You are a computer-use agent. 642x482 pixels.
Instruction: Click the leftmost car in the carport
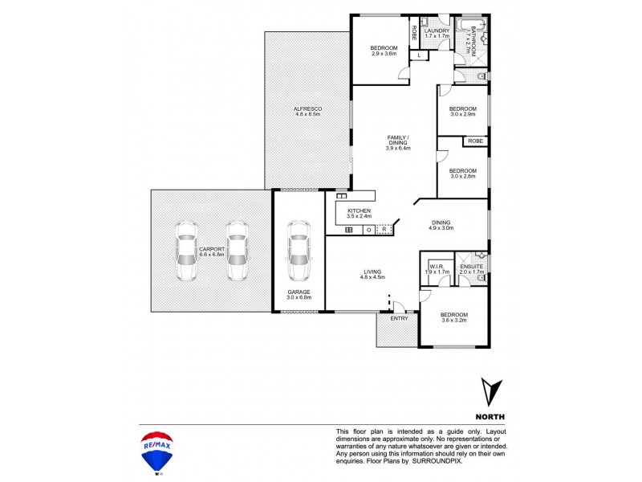coord(185,251)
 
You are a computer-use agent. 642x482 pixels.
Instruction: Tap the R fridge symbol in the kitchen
coord(384,230)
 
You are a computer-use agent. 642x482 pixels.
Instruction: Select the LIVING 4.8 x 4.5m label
coord(373,274)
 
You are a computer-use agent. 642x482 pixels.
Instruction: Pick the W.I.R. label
coord(437,268)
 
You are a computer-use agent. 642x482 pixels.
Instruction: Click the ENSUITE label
coord(471,268)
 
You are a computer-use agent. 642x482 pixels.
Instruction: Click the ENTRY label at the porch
coord(399,319)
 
